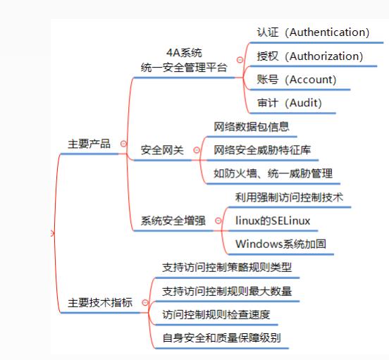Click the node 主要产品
(89, 144)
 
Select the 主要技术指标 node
(100, 303)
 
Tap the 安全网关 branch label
(162, 150)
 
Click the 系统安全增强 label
(173, 221)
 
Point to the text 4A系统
(184, 53)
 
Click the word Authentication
(327, 32)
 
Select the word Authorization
(324, 56)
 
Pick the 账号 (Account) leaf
(297, 80)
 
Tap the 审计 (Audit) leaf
(290, 103)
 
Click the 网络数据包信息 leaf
(252, 126)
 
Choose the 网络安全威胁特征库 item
(262, 150)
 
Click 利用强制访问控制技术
(289, 197)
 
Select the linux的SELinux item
(273, 221)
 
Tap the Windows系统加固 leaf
(280, 244)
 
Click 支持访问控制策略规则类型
(227, 267)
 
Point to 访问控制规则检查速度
(216, 315)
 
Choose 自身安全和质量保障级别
(221, 338)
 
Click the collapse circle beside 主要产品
(123, 144)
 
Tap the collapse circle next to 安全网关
(197, 150)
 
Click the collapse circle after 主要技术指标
(145, 302)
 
